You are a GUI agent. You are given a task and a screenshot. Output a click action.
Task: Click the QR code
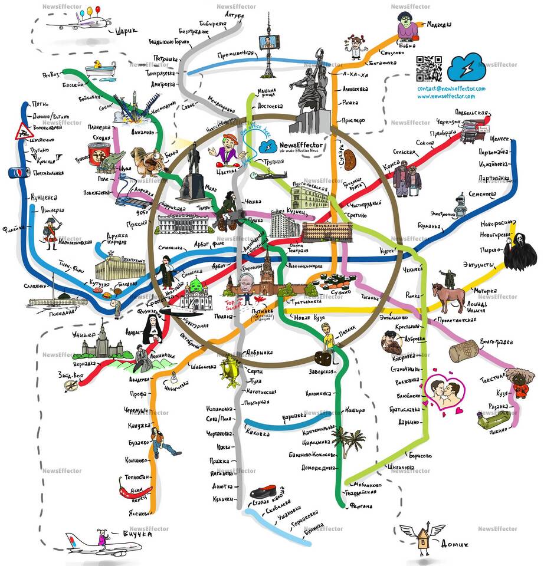tap(429, 68)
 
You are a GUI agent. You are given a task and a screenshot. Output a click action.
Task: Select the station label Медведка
tap(440, 25)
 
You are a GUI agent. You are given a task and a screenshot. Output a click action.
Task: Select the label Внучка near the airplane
tap(138, 535)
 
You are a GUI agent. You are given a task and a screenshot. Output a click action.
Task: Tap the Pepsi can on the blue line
tap(16, 173)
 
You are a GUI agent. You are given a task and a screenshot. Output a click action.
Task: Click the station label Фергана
tap(361, 505)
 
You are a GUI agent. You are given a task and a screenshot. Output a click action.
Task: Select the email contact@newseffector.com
tap(451, 88)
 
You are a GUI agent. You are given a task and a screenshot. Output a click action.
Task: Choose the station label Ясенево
tap(138, 511)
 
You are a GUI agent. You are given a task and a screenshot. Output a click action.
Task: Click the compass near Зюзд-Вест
tap(72, 385)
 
